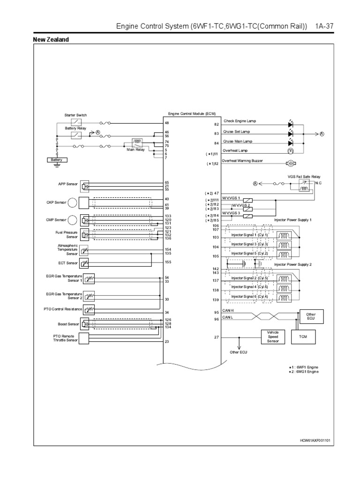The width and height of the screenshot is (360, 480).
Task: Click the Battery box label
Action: coord(57,160)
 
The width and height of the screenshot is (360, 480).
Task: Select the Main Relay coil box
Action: coord(138,141)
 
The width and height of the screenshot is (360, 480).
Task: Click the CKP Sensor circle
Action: coord(74,202)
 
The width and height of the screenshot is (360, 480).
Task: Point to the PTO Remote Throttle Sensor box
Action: coord(85,338)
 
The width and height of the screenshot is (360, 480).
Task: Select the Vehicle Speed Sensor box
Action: coord(272,337)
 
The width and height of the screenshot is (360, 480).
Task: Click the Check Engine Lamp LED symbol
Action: coord(290,125)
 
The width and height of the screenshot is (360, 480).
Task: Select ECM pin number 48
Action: coord(166,123)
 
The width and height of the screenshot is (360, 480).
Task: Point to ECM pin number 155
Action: coord(167,262)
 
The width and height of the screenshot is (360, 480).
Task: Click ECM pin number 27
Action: coord(217,337)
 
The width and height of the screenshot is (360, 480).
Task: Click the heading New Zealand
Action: coord(51,40)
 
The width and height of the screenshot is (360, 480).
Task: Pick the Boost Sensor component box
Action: coord(85,324)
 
